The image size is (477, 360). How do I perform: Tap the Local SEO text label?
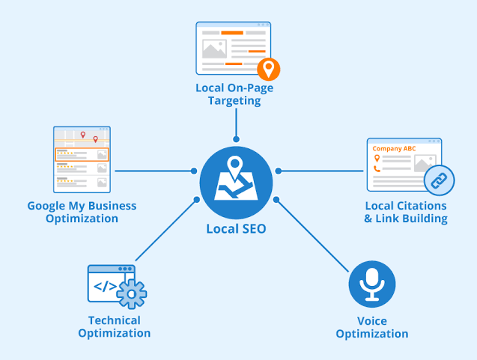(236, 229)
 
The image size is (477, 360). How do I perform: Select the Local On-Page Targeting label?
(234, 94)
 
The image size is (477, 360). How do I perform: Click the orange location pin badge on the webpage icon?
(268, 70)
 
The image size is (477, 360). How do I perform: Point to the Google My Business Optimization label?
(82, 212)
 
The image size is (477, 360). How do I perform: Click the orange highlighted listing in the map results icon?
(82, 154)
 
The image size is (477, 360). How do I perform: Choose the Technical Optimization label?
(114, 326)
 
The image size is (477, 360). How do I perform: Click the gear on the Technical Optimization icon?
(132, 294)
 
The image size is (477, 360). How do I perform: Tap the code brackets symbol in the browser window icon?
(103, 286)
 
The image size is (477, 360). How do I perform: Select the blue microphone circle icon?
(372, 284)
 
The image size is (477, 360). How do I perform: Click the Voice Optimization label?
(371, 327)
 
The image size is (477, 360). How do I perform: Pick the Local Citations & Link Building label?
(406, 212)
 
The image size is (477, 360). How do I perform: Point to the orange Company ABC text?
(393, 148)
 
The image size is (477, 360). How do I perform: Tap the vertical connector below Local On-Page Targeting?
(236, 123)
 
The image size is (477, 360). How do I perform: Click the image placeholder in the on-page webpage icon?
(214, 49)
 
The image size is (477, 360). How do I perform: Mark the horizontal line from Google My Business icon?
(154, 171)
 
